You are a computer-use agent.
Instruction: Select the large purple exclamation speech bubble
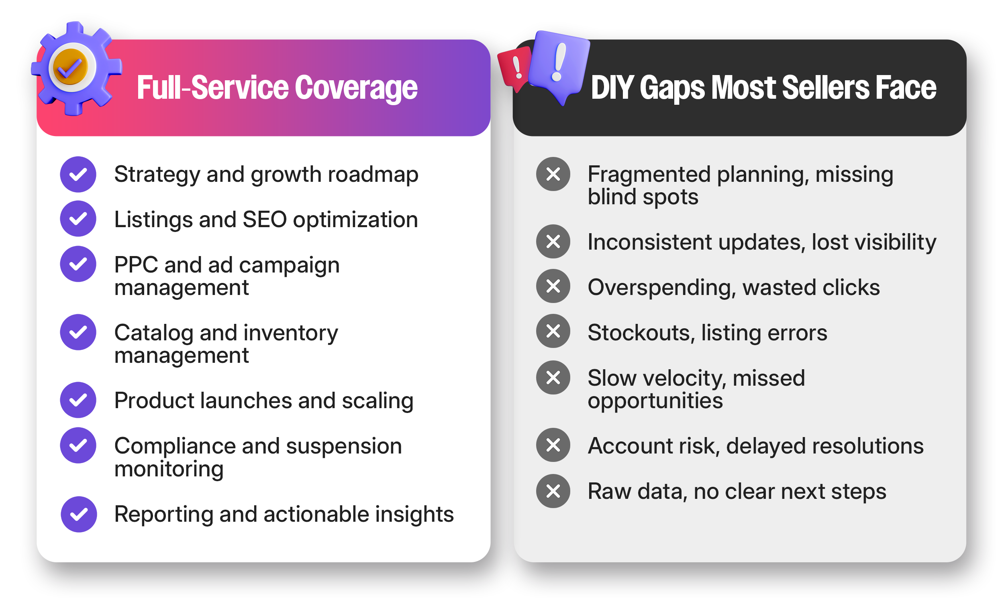(x=559, y=65)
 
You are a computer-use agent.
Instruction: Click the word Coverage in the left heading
(x=356, y=87)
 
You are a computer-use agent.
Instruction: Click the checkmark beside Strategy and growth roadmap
(x=78, y=175)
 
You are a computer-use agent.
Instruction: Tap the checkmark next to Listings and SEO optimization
(x=78, y=219)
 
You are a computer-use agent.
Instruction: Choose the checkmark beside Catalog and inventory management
(x=78, y=333)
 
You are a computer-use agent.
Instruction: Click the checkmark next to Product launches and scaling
(x=78, y=401)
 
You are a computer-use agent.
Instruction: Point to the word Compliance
(x=175, y=447)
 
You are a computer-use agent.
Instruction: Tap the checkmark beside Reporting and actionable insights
(x=79, y=515)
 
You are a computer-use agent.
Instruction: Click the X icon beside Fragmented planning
(x=553, y=175)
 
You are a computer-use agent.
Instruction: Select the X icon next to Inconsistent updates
(x=553, y=242)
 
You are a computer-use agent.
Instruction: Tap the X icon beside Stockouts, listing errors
(x=553, y=332)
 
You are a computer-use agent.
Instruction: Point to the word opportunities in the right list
(x=655, y=401)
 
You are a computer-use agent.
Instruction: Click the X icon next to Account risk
(x=553, y=445)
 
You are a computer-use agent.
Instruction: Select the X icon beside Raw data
(x=553, y=492)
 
